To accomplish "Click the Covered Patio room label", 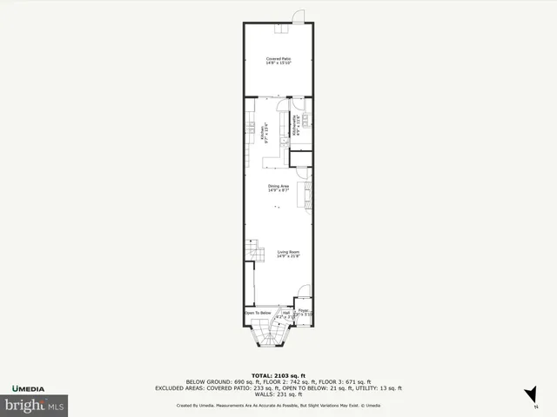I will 278,60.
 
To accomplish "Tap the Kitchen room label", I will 264,134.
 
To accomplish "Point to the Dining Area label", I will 278,188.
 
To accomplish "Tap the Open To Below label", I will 258,313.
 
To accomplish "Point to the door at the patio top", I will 298,16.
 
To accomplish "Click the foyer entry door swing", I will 301,293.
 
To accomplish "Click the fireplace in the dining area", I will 305,195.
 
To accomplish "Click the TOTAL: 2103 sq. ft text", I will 278,369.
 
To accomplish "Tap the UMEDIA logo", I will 28,387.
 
